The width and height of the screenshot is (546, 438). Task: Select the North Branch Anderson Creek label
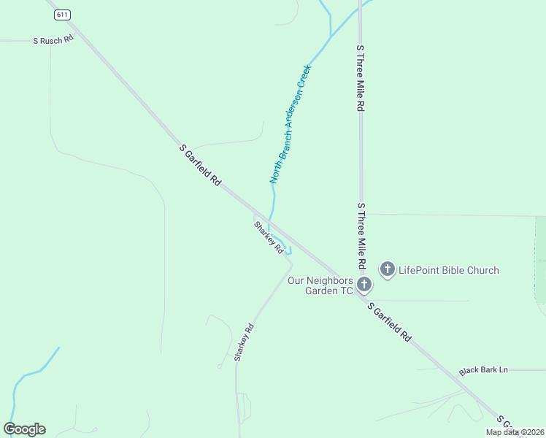point(291,124)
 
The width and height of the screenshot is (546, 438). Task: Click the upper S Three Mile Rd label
point(360,77)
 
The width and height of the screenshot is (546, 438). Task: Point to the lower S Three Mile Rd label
point(360,235)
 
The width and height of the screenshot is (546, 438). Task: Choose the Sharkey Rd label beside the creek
point(269,237)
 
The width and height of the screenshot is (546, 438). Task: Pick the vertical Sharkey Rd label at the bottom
point(243,342)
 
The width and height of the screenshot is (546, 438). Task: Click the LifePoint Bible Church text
point(449,270)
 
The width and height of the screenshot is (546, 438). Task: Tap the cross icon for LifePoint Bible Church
point(387,269)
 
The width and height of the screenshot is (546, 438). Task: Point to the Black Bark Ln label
point(483,370)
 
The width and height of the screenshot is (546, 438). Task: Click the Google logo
point(24,429)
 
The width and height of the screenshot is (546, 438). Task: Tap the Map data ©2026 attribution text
point(514,432)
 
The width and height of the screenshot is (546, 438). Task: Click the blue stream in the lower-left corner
point(29,374)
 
